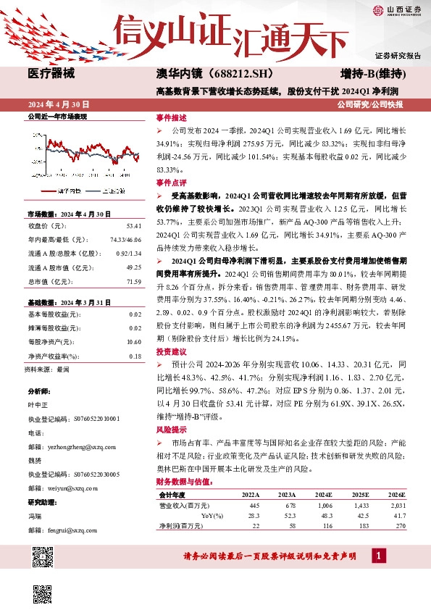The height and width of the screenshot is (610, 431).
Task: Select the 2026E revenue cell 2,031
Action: [397, 504]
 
